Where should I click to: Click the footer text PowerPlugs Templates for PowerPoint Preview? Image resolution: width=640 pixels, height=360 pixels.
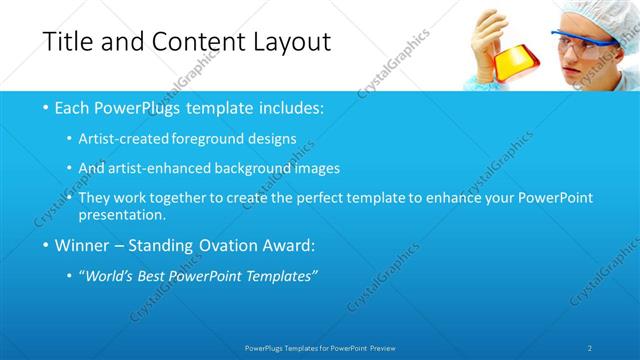pyautogui.click(x=319, y=348)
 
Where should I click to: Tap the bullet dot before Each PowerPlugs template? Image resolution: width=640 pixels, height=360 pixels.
pyautogui.click(x=47, y=107)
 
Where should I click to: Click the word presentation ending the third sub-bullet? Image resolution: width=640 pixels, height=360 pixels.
pyautogui.click(x=127, y=215)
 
